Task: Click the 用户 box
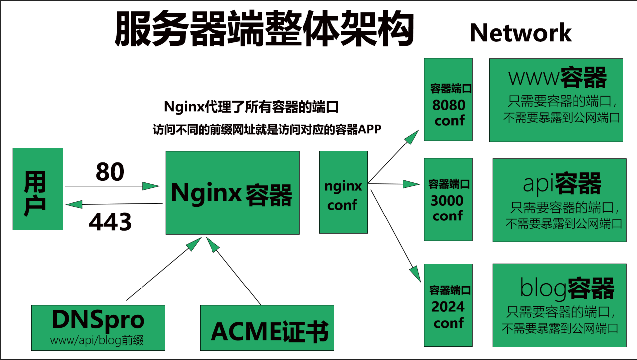(x=38, y=189)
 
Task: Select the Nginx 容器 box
(x=232, y=193)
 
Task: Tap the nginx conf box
(x=343, y=193)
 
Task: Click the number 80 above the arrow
(x=110, y=172)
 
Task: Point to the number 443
(x=110, y=222)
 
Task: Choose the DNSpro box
(x=98, y=327)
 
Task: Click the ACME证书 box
(x=267, y=328)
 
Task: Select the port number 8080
(x=449, y=105)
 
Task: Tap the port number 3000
(x=447, y=201)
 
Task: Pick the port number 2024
(x=448, y=307)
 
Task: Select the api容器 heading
(x=562, y=183)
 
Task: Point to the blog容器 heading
(x=567, y=288)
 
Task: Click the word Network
(x=520, y=33)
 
